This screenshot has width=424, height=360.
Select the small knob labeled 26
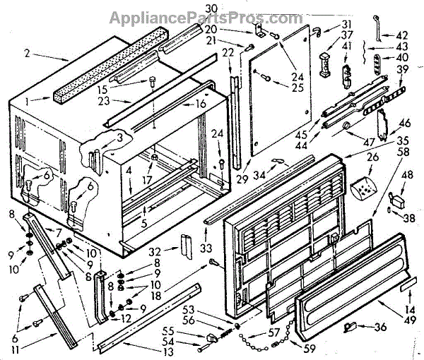click(x=361, y=190)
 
